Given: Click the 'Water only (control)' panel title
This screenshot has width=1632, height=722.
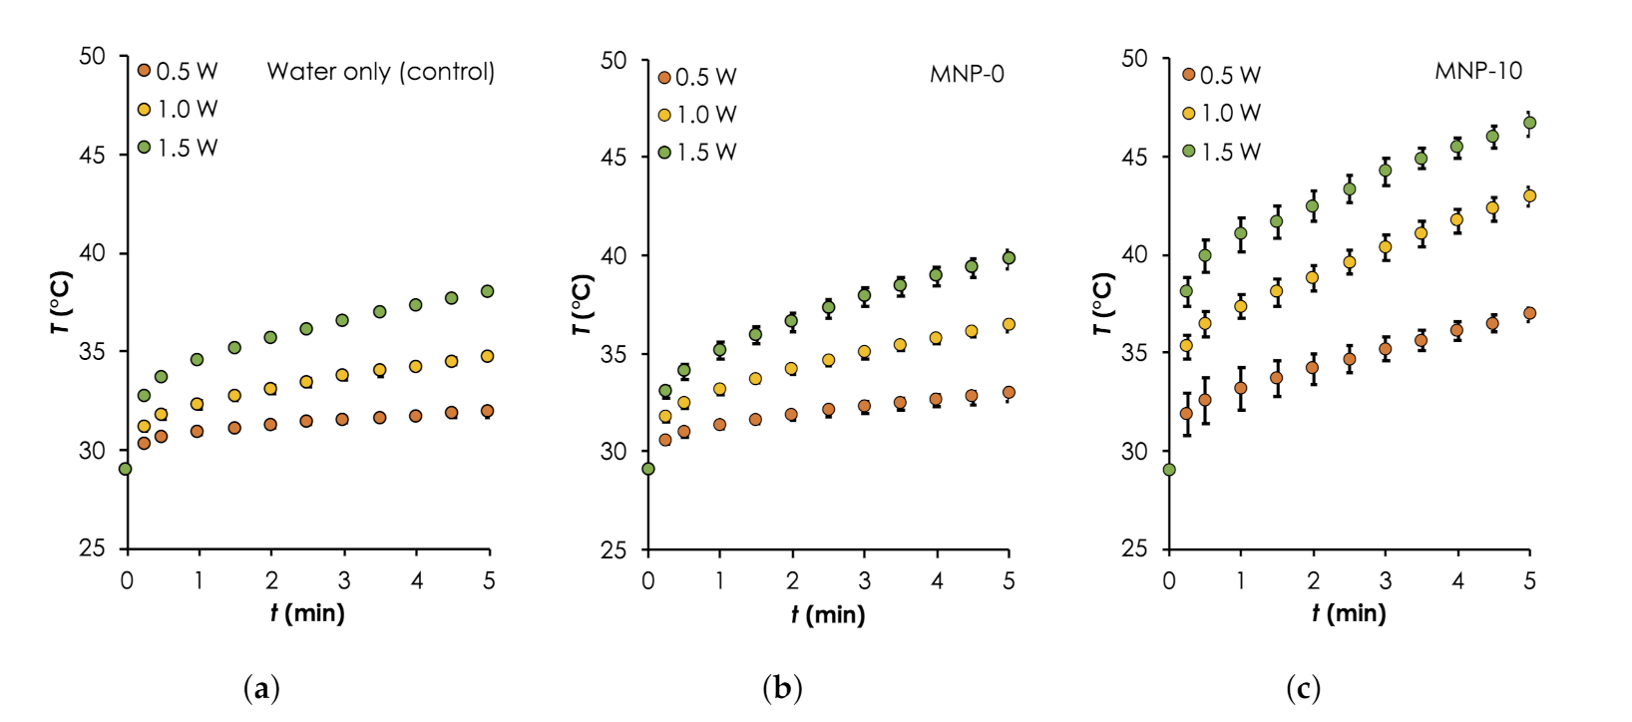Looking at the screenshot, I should tap(380, 72).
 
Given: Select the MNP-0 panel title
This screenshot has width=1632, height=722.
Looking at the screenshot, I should tap(966, 75).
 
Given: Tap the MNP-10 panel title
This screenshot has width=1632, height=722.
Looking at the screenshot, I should tap(1478, 71).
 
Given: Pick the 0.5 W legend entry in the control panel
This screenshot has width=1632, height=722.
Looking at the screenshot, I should tap(178, 72).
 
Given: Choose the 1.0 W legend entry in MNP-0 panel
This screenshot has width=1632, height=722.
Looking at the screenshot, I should tap(697, 115).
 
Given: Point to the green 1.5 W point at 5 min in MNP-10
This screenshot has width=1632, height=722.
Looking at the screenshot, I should tap(1529, 123).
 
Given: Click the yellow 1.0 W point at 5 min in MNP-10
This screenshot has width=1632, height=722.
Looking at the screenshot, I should tap(1529, 196).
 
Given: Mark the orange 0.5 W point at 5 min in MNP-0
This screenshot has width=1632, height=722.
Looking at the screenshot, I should tap(1009, 393).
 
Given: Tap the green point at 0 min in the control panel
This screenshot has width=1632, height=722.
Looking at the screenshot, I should tap(126, 469).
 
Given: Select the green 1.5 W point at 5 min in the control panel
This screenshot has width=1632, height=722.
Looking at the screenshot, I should tap(488, 291).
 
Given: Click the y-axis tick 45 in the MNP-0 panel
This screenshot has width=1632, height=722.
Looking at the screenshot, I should tap(613, 158).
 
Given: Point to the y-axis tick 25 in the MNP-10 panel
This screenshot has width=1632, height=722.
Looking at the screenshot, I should tap(1135, 548).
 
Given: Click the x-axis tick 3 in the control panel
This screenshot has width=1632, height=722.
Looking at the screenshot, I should tap(344, 581).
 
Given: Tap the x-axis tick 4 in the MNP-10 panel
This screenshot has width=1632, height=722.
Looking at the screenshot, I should tap(1457, 581).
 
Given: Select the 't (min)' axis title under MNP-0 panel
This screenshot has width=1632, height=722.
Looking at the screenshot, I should tap(828, 614).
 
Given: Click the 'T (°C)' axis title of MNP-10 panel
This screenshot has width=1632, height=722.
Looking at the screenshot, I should tap(1101, 303).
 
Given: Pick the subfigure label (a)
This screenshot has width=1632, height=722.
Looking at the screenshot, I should tap(261, 688).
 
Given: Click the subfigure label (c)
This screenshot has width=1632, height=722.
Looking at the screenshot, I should tap(1303, 688).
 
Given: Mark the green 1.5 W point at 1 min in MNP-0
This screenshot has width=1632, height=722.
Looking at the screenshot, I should tap(719, 349).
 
